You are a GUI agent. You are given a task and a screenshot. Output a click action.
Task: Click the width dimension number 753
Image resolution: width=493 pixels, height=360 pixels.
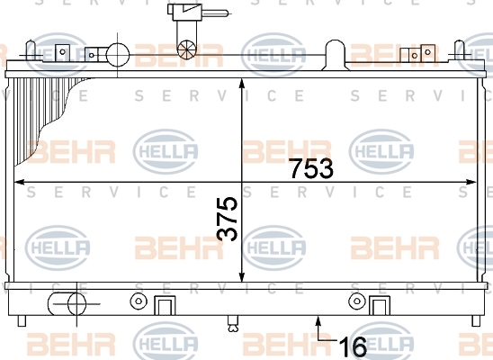pos(311,168)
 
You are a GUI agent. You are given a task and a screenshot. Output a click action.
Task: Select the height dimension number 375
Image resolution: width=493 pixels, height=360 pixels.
pos(227,219)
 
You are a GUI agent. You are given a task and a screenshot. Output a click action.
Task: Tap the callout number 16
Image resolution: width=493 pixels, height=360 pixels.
pos(353,346)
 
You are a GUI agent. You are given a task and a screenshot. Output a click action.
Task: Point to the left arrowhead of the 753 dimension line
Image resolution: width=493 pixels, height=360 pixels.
pos(20,182)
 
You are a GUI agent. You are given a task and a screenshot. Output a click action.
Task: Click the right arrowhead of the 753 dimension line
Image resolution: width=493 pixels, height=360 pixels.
pos(471,182)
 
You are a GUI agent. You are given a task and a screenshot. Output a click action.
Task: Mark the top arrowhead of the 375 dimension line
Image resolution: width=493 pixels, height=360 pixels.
pos(241,84)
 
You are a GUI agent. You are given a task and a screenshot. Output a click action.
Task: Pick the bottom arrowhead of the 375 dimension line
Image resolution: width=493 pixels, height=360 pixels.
pos(241,276)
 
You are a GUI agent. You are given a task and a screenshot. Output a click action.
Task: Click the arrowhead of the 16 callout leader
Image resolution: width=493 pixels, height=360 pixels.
pos(318,321)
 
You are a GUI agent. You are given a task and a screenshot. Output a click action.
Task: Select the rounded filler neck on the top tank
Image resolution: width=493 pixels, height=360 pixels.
pos(336,55)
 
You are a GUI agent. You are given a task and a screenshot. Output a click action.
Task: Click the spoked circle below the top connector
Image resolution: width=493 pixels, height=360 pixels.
pos(187,49)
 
